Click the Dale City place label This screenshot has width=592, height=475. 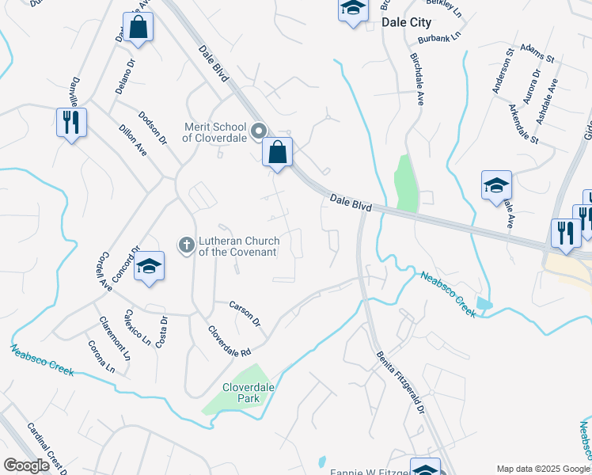tap(406, 23)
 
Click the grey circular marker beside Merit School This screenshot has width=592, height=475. tap(258, 131)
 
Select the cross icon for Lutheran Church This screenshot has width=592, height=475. tap(186, 245)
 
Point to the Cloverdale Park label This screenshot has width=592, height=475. tap(241, 393)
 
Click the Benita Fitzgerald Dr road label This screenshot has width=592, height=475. tap(400, 382)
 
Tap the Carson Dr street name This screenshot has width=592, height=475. tap(245, 313)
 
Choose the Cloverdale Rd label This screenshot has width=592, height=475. tap(230, 340)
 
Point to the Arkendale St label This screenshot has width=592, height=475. tap(523, 124)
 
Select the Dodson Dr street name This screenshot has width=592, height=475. tap(153, 127)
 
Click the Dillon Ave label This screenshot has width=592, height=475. tap(132, 139)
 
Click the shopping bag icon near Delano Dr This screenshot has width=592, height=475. tap(138, 28)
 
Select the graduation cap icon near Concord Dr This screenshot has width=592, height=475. tap(148, 267)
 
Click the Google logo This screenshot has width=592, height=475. tap(26, 465)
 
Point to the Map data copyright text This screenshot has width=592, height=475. tap(543, 469)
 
